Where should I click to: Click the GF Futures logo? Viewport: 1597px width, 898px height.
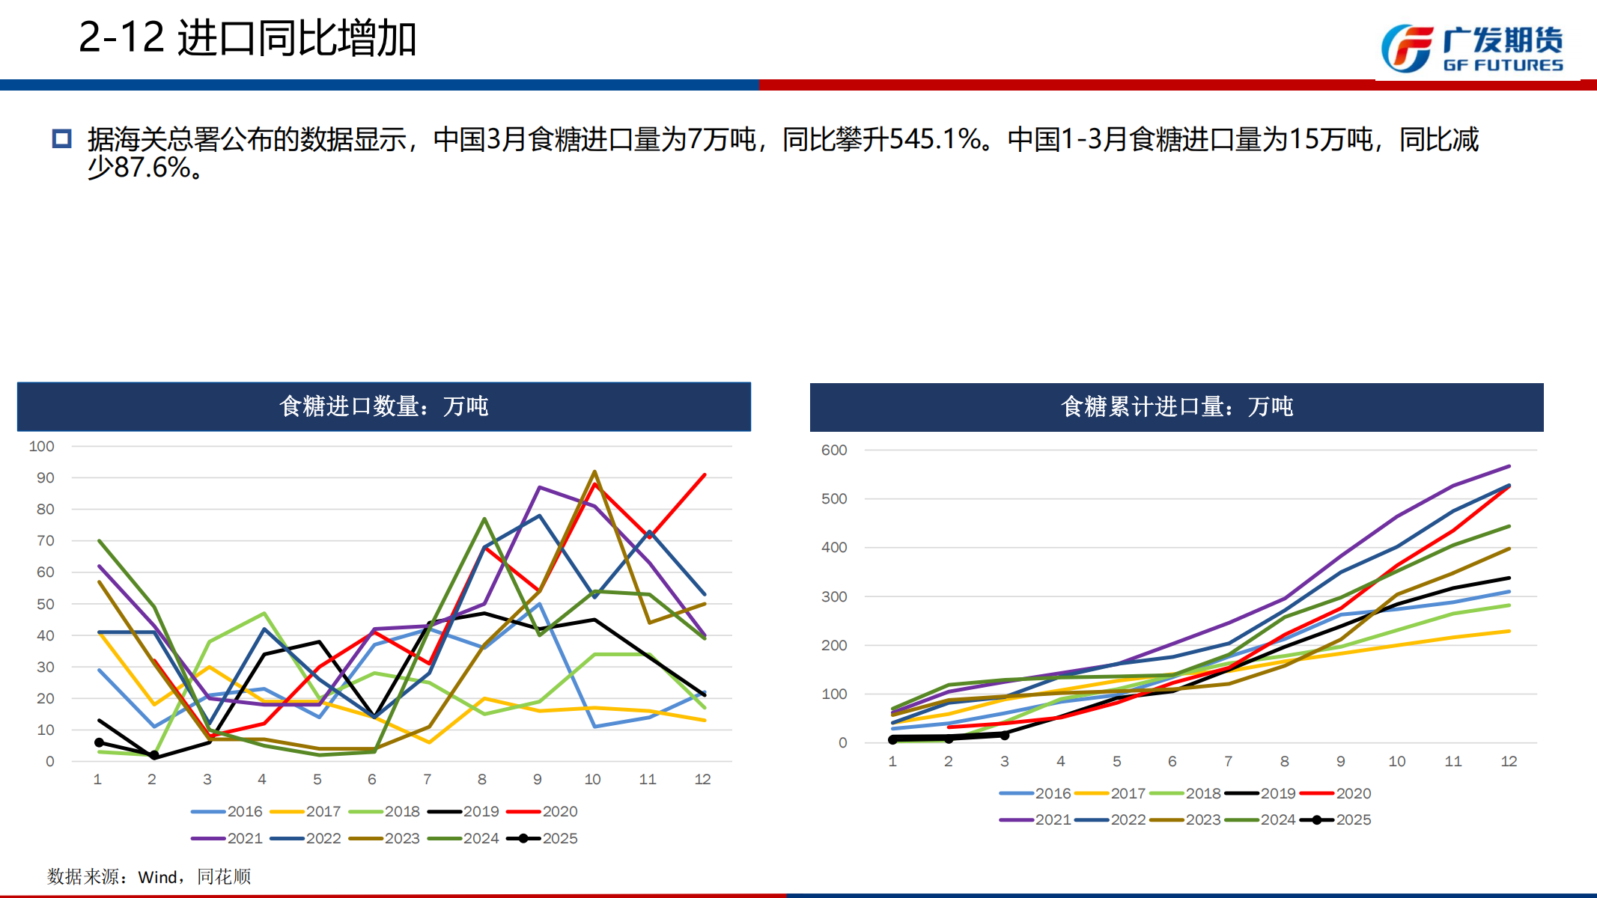1471,49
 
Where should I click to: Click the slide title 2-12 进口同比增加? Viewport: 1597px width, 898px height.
247,38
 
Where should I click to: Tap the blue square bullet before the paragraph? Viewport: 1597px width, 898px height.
61,138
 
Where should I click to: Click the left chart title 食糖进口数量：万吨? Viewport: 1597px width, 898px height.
383,406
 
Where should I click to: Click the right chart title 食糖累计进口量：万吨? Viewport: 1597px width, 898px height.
1176,406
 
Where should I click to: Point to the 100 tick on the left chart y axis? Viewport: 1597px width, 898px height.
42,446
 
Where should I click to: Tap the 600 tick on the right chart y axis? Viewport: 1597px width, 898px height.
834,450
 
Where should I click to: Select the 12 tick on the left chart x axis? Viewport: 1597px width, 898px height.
702,779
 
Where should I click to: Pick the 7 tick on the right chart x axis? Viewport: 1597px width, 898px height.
1229,761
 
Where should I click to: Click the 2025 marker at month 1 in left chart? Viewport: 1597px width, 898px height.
99,742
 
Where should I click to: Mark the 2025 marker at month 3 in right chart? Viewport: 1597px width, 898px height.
1005,735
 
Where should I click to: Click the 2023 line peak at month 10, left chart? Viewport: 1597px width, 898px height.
594,471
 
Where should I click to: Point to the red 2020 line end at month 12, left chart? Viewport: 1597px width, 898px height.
705,474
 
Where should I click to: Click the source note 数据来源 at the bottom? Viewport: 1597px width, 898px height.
149,876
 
